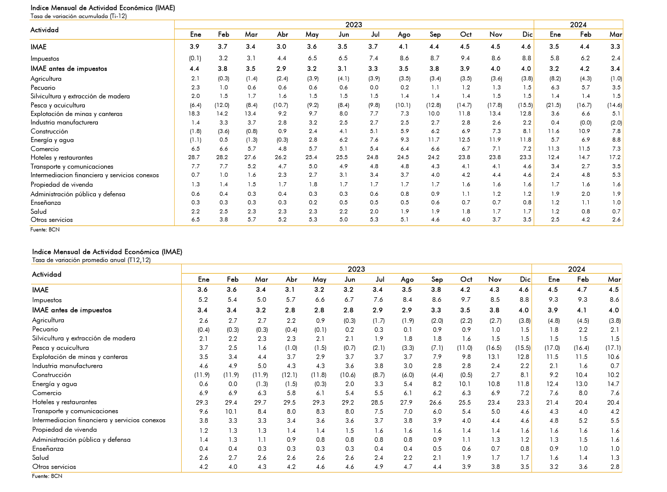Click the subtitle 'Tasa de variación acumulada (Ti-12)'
pos(79,16)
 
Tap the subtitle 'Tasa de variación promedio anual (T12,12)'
pos(91,260)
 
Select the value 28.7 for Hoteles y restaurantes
pos(194,157)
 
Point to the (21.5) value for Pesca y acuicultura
pos(554,105)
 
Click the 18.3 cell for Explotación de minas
pos(194,113)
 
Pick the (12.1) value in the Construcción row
pos(290,375)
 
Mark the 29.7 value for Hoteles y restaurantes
pos(260,402)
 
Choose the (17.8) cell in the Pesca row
pos(494,105)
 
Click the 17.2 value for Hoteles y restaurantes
pos(615,157)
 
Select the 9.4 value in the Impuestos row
pos(465,58)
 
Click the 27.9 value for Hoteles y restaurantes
pos(406,402)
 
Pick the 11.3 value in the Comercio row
pos(554,149)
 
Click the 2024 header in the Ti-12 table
pos(578,25)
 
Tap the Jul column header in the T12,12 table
pos(379,279)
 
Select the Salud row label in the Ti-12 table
pos(39,211)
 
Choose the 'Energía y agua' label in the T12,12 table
pos(55,384)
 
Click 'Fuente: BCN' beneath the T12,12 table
pos(47,476)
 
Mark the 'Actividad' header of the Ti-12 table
pos(44,30)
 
